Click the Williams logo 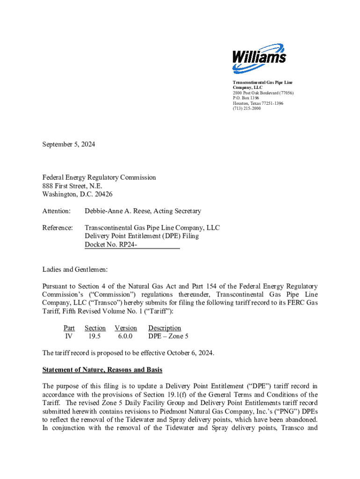coord(259,58)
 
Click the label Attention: coord(57,211)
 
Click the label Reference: coord(58,228)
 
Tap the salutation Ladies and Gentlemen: coord(75,269)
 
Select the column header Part coord(69,328)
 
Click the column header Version coord(126,328)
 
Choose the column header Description coord(165,328)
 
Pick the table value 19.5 coord(95,336)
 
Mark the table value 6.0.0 coord(126,336)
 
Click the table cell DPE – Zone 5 coord(168,336)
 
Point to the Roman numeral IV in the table coord(69,336)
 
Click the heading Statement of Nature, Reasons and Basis coord(102,370)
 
